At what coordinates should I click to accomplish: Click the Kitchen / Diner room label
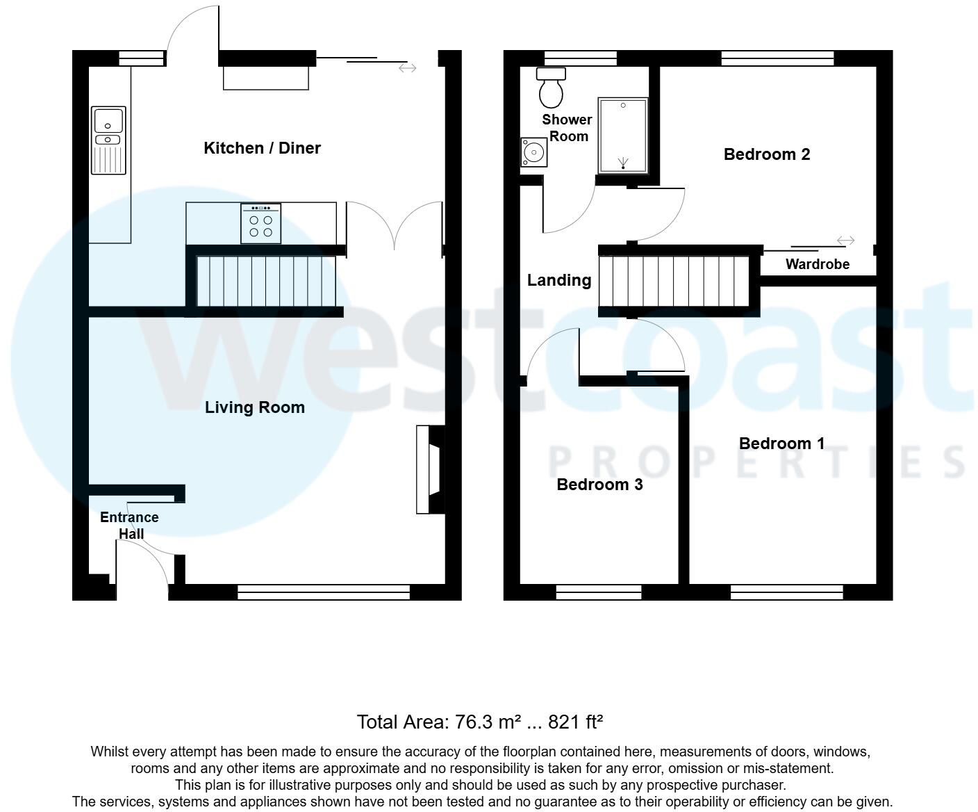point(262,148)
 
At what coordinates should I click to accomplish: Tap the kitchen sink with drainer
point(108,140)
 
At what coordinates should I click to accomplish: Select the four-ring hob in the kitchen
point(260,223)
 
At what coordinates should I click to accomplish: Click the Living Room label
point(254,407)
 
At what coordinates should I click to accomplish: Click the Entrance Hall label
point(129,526)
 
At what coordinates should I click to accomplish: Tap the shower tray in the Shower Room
point(623,136)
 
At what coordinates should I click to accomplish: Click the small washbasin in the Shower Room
point(533,152)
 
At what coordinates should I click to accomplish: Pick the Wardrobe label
point(817,264)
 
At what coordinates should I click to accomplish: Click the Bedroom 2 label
point(767,154)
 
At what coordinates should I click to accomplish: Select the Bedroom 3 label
point(599,485)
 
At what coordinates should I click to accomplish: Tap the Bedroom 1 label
point(781,444)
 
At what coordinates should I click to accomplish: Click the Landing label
point(559,280)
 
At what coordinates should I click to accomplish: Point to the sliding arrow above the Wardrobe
point(845,241)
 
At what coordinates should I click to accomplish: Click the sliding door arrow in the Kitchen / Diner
point(408,68)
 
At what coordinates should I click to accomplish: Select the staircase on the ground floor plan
point(265,281)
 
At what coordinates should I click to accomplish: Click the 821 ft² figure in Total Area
point(575,722)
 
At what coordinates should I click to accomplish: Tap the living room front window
point(324,592)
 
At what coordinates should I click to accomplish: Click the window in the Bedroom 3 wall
point(598,592)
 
